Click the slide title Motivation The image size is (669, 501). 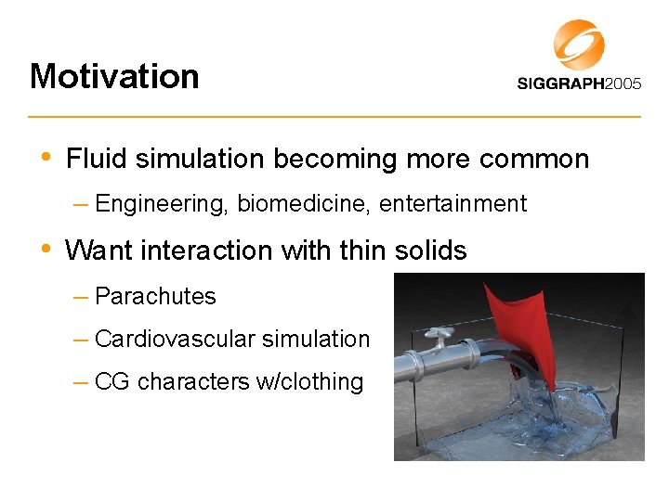pyautogui.click(x=114, y=76)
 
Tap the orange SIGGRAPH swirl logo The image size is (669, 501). pyautogui.click(x=579, y=44)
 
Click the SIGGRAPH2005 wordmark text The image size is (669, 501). pyautogui.click(x=579, y=83)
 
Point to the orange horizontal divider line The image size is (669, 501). pyautogui.click(x=334, y=117)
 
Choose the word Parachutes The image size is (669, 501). pyautogui.click(x=155, y=297)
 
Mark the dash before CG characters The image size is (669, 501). pyautogui.click(x=80, y=381)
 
